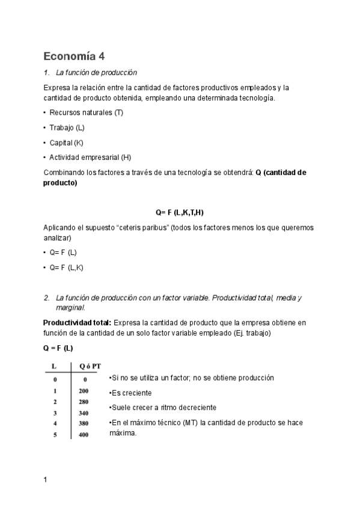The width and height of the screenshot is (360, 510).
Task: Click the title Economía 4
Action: (74, 57)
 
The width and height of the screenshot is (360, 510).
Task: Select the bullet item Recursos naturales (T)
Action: (86, 112)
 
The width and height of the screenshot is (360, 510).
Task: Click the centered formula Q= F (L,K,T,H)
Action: (183, 213)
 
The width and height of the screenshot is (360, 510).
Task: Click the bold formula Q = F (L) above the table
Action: (58, 348)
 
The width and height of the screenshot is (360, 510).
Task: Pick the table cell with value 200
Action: (84, 391)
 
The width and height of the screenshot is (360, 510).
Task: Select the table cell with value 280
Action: (84, 402)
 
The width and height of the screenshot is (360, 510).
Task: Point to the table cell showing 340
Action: (84, 413)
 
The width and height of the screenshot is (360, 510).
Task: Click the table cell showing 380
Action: (84, 423)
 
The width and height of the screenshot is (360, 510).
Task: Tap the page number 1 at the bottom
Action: (46, 480)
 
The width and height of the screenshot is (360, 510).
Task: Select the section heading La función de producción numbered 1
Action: (96, 73)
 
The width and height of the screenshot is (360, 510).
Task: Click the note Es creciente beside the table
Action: (130, 393)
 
